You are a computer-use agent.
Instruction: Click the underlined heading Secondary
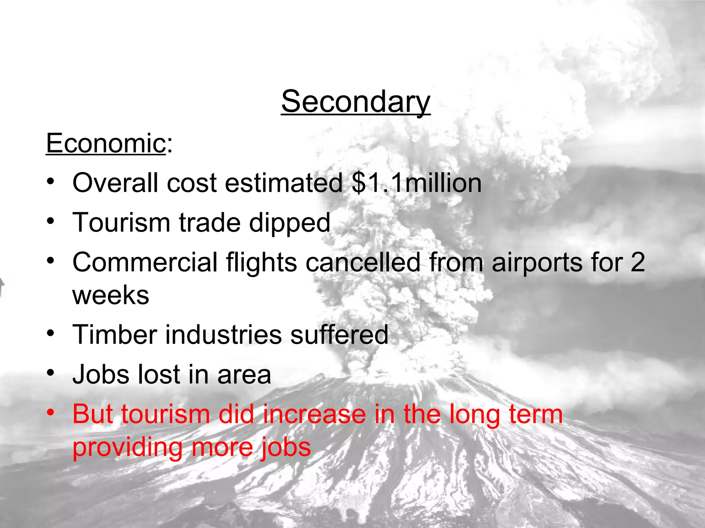point(356,101)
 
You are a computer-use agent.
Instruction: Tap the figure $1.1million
point(417,183)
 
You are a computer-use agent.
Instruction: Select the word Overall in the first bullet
point(115,183)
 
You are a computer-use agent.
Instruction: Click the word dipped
point(290,223)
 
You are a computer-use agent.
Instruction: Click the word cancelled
point(363,262)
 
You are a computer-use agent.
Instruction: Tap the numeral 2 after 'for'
point(637,262)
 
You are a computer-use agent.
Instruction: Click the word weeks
point(111,295)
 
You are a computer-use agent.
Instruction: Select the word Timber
point(115,334)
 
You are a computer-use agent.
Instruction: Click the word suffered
point(339,334)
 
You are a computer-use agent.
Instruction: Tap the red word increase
point(315,414)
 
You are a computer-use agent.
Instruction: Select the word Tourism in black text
point(121,223)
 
